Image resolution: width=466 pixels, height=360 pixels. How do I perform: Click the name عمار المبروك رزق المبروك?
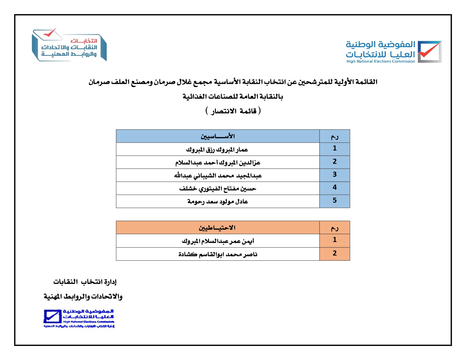pyautogui.click(x=217, y=149)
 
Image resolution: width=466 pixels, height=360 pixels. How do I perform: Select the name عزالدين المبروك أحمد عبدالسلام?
pyautogui.click(x=217, y=162)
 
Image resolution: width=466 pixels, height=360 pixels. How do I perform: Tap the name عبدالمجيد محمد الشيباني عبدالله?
pyautogui.click(x=218, y=175)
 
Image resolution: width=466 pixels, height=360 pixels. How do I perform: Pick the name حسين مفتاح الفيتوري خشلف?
pyautogui.click(x=217, y=188)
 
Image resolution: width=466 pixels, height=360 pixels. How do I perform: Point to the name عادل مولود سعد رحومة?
pyautogui.click(x=217, y=201)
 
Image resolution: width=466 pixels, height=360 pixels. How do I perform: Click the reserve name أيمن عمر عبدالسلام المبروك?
pyautogui.click(x=218, y=241)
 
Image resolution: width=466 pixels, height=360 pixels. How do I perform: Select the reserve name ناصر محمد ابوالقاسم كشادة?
pyautogui.click(x=218, y=254)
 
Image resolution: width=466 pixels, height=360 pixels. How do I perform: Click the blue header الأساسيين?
pyautogui.click(x=217, y=136)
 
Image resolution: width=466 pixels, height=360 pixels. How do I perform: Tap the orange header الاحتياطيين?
pyautogui.click(x=217, y=228)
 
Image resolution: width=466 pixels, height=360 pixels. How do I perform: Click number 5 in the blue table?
pyautogui.click(x=334, y=200)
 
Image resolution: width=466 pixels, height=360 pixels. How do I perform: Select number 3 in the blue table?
pyautogui.click(x=334, y=174)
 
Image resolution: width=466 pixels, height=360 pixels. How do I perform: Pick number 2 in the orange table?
pyautogui.click(x=334, y=253)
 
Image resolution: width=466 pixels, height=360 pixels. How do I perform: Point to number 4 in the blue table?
pyautogui.click(x=334, y=187)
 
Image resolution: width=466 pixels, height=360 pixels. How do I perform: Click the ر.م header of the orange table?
pyautogui.click(x=334, y=228)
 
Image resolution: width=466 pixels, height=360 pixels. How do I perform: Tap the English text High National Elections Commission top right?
pyautogui.click(x=380, y=61)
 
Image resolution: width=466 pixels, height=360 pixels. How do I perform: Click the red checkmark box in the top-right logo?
pyautogui.click(x=429, y=51)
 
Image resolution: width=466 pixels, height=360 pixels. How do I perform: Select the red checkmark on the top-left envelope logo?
pyautogui.click(x=50, y=33)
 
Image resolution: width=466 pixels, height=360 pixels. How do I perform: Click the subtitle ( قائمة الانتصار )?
pyautogui.click(x=233, y=111)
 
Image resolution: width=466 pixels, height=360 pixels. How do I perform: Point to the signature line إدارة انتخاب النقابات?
pyautogui.click(x=85, y=282)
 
